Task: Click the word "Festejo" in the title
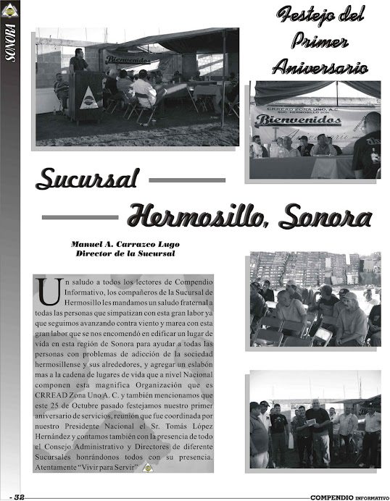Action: tap(297, 15)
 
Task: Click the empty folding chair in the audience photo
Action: tap(321, 335)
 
